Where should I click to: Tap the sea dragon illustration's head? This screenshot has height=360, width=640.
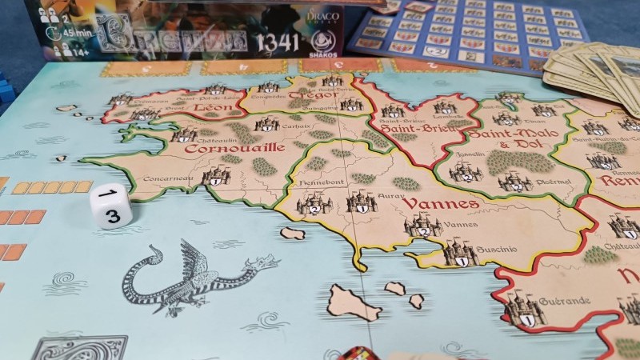tap(261, 262)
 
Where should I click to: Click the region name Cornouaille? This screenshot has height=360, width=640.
tap(223, 147)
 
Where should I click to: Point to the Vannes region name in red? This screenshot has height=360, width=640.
tap(429, 204)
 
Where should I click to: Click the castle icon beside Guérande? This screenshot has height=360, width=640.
tap(524, 308)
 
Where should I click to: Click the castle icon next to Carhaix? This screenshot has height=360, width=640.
tap(266, 124)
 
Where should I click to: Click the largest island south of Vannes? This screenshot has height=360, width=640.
tap(353, 302)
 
